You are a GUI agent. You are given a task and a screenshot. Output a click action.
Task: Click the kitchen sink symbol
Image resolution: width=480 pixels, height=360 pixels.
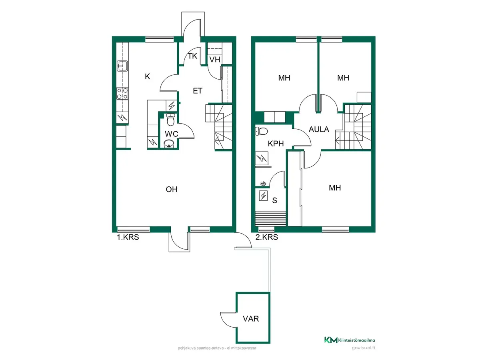click(122, 66)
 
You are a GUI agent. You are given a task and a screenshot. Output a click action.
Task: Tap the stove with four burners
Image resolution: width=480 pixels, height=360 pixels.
click(122, 94)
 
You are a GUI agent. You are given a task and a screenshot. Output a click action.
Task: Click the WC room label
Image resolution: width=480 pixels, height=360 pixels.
click(172, 134)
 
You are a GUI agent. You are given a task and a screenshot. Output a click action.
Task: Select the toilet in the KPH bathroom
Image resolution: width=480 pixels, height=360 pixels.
click(261, 131)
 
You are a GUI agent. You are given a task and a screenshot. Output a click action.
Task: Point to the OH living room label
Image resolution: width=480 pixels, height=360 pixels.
click(172, 189)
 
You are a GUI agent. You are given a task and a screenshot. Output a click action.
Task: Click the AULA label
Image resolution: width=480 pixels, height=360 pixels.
click(319, 129)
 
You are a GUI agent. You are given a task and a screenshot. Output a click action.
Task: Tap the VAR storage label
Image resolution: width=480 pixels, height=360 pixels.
click(251, 319)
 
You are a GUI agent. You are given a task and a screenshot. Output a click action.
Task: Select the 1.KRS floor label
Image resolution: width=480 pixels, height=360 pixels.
click(128, 237)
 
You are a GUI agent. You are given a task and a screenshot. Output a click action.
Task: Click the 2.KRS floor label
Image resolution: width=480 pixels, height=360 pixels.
click(266, 237)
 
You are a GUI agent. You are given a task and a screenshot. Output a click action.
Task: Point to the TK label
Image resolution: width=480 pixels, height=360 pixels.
click(192, 56)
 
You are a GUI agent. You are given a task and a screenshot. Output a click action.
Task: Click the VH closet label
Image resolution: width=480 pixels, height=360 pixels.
click(215, 60)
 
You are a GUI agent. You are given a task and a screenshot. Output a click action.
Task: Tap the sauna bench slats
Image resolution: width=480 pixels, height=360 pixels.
click(270, 218)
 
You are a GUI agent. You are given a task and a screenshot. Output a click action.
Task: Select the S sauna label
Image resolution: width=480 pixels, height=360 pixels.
click(275, 200)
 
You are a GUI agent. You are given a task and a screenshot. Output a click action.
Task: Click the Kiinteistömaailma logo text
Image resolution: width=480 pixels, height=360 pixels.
click(356, 340)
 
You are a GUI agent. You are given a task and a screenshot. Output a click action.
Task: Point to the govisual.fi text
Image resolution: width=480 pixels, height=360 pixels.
click(364, 348)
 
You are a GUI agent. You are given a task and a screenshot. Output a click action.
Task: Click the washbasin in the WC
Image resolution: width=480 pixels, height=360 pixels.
click(169, 144)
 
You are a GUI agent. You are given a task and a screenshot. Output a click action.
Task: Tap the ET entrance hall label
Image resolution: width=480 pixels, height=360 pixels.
click(198, 91)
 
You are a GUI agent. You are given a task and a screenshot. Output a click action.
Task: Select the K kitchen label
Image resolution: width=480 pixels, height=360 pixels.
click(148, 76)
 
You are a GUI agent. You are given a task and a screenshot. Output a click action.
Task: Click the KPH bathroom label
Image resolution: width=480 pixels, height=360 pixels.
click(276, 144)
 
